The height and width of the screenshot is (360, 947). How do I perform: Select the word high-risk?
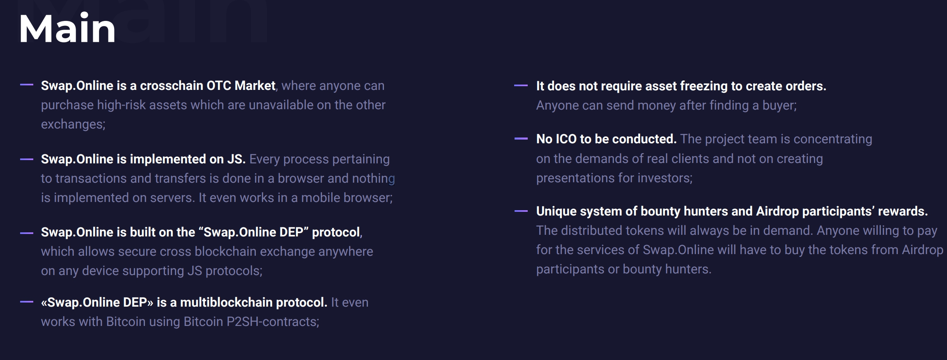(x=121, y=105)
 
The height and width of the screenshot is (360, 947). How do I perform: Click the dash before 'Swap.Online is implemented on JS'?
(x=27, y=159)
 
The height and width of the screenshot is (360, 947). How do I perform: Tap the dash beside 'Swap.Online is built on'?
(x=27, y=233)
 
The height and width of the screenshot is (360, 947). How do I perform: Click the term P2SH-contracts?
(x=273, y=321)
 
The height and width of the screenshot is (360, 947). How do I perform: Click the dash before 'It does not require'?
(x=521, y=85)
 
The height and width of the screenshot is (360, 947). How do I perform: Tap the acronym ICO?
(x=566, y=139)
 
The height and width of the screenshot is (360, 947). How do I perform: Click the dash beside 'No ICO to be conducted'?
(x=521, y=139)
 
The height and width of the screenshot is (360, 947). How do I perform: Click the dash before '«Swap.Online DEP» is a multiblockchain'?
(x=27, y=302)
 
